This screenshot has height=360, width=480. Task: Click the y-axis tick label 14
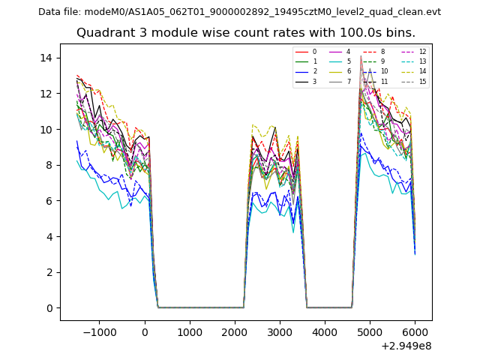click(45, 58)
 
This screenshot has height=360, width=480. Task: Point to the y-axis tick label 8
click(48, 165)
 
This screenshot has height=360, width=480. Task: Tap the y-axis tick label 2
click(48, 272)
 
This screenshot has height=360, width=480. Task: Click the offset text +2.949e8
click(406, 346)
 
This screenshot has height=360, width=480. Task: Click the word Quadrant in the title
click(103, 33)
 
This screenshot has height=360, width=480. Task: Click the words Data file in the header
click(58, 12)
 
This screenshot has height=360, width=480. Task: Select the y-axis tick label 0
click(48, 308)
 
